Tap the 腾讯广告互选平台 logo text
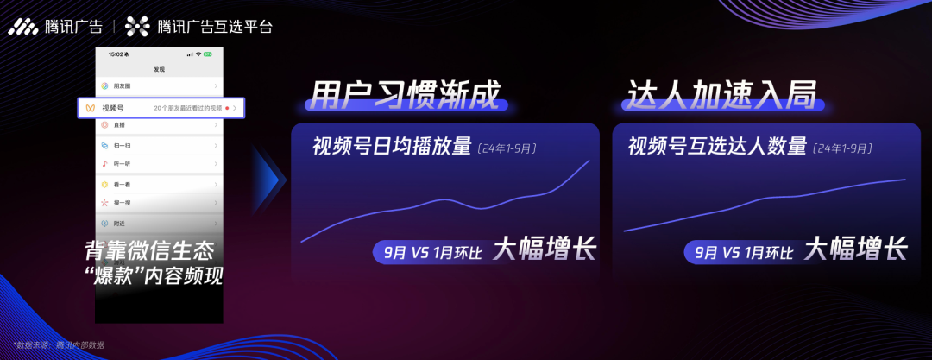click(x=215, y=27)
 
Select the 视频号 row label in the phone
click(x=113, y=108)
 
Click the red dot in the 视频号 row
click(x=227, y=108)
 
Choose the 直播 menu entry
click(x=118, y=126)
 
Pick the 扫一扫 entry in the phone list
click(x=121, y=146)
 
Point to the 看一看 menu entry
click(x=121, y=185)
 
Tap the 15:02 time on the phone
click(x=116, y=54)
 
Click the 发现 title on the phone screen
click(x=159, y=69)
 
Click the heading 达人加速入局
click(x=721, y=96)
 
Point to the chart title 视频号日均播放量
click(x=393, y=147)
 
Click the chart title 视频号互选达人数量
click(x=717, y=147)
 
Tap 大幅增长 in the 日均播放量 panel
click(x=545, y=250)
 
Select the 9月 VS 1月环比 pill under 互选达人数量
click(x=739, y=253)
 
